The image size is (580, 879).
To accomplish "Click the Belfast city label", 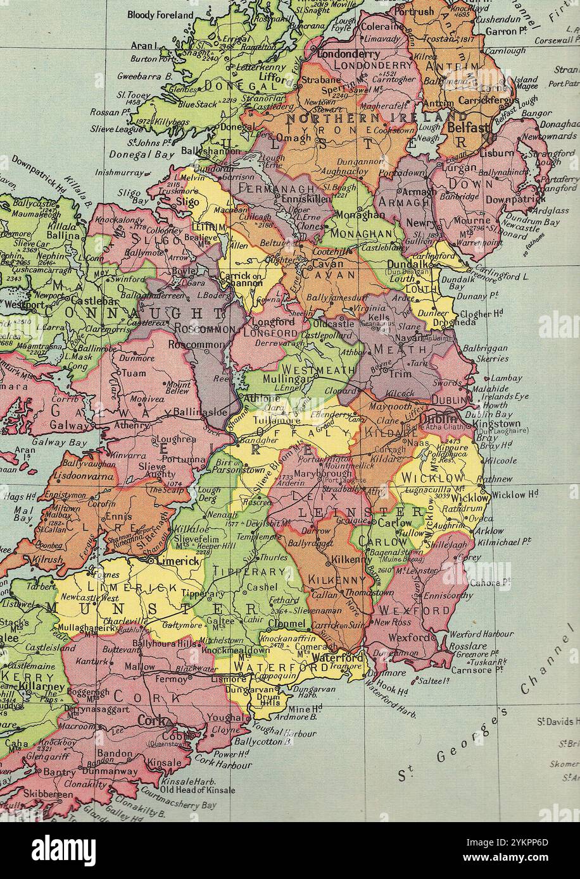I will coord(469,127).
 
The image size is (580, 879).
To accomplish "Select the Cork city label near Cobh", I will coord(155,721).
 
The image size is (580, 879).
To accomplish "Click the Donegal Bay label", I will coord(138,154).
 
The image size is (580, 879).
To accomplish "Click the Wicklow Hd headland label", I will coord(515,495).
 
